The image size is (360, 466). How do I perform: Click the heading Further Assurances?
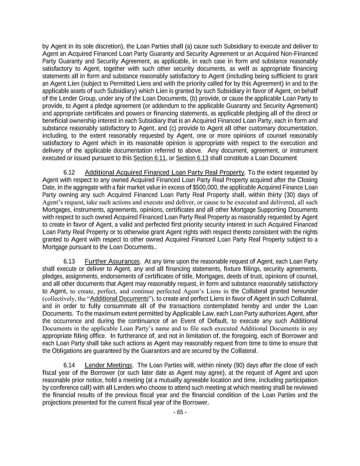(112, 262)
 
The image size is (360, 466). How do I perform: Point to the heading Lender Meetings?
(108, 366)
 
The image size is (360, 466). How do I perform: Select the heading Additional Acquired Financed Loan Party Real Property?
(164, 173)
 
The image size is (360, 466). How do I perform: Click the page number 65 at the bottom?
(180, 412)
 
